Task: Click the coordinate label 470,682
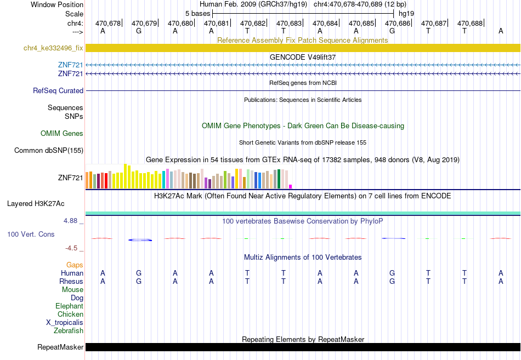[x=253, y=23]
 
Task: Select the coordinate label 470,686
[x=398, y=23]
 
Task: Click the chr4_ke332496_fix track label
[x=53, y=48]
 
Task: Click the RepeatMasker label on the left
[x=60, y=347]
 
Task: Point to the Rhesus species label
[x=71, y=281]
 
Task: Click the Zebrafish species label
[x=69, y=330]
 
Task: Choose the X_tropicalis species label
[x=65, y=323]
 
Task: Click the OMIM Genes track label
[x=62, y=134]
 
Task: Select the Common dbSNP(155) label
[x=49, y=151]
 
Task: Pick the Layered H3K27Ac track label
[x=36, y=204]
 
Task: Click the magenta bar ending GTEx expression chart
[x=291, y=187]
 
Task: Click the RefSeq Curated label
[x=58, y=90]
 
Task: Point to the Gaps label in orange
[x=75, y=265]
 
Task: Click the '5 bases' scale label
[x=197, y=14]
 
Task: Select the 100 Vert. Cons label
[x=31, y=234]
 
